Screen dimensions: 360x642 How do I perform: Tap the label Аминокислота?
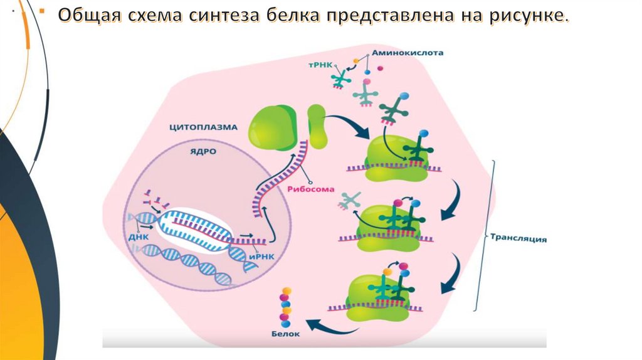(x=408, y=53)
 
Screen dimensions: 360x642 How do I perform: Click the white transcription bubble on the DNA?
(x=194, y=230)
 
